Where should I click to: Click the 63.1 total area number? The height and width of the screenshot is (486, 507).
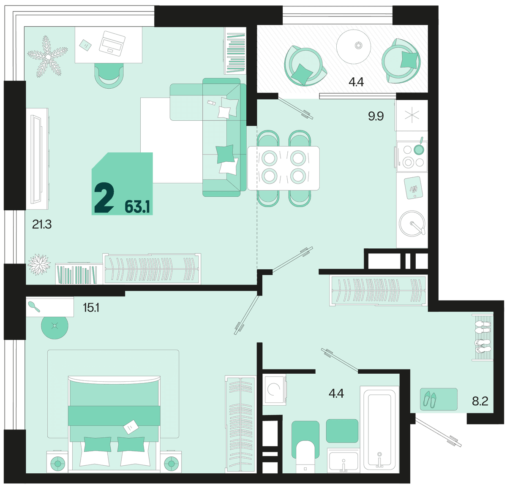tap(137, 207)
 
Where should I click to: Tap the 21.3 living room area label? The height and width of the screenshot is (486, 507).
tap(42, 224)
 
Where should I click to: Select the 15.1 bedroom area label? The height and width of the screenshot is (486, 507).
tap(91, 308)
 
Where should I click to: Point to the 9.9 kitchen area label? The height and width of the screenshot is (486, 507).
tap(376, 116)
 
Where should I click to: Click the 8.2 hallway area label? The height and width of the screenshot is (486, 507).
tap(480, 401)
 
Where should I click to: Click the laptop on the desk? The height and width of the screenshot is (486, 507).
tap(112, 43)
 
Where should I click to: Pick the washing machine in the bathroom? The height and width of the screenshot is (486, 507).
tap(274, 389)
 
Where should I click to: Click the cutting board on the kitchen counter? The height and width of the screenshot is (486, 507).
tap(413, 188)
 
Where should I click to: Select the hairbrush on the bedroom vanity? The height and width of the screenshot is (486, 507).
tap(34, 307)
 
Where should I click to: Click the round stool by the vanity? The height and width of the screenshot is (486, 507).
tap(55, 326)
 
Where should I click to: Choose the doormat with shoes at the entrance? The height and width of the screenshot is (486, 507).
tap(439, 399)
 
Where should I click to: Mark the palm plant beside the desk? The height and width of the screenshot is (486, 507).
tap(48, 57)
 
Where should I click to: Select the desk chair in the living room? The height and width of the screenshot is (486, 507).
tap(109, 76)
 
